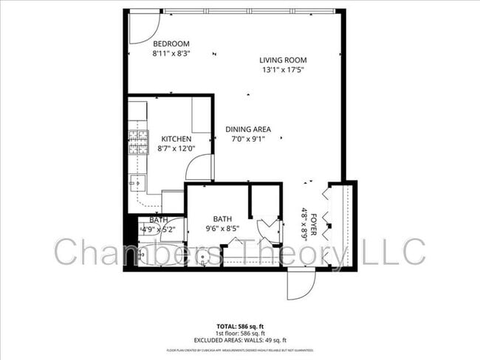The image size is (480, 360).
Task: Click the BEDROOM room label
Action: point(171,43)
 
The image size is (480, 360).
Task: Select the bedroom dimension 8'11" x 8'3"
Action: point(171,53)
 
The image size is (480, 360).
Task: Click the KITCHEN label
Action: point(176,139)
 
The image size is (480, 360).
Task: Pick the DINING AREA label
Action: point(248,129)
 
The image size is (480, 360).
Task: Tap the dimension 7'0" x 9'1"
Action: point(248,139)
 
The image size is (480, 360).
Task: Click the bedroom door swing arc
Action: point(140,27)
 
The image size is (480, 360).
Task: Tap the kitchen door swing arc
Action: point(199,167)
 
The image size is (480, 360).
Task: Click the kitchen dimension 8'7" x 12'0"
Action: point(176,149)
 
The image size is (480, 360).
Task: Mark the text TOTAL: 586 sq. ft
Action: point(240,326)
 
